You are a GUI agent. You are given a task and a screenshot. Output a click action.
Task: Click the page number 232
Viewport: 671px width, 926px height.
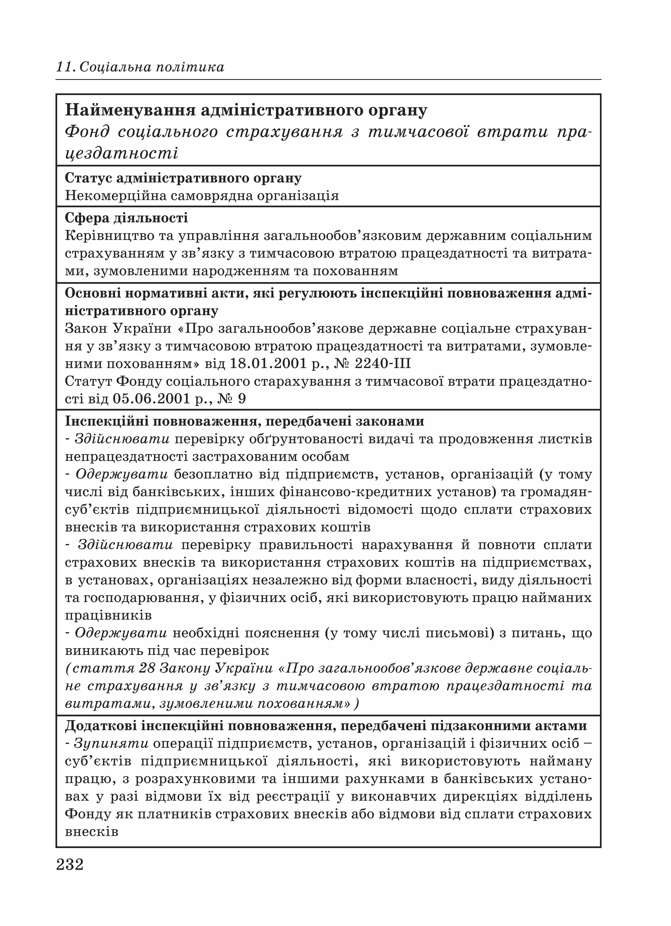coord(70,864)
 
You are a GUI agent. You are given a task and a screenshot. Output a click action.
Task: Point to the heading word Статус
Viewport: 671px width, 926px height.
coord(88,178)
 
